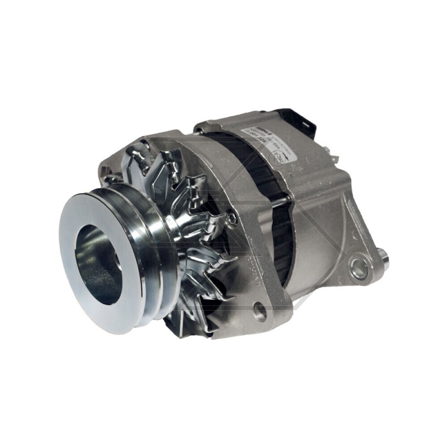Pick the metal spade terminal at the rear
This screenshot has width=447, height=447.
[334, 158]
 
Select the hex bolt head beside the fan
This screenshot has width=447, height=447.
[231, 219]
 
